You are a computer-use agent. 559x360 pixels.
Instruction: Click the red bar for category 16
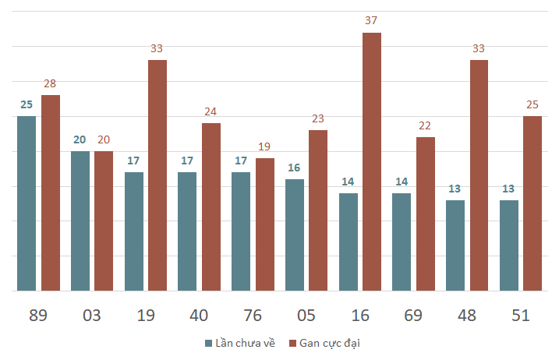tap(372, 162)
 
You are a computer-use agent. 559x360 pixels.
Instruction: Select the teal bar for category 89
tap(27, 203)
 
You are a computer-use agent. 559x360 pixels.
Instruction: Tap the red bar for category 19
tap(157, 175)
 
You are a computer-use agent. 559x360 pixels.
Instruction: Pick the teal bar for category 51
tap(509, 245)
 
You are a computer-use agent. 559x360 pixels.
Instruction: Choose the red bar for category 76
tap(265, 224)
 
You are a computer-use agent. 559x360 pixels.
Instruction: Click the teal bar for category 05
tap(295, 235)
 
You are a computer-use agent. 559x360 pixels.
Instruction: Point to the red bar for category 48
tap(479, 175)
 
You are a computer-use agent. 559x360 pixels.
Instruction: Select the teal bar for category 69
tap(402, 242)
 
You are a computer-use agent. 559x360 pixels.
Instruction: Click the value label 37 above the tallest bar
tap(372, 20)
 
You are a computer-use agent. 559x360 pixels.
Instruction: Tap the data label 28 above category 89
tap(51, 83)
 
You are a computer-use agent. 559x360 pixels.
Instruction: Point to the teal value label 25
tap(27, 104)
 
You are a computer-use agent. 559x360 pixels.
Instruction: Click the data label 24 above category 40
tap(211, 111)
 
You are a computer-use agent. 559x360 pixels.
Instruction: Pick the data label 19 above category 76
tap(265, 146)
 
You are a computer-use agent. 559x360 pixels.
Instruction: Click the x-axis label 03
tap(92, 316)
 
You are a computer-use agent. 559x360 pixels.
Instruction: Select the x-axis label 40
tap(199, 316)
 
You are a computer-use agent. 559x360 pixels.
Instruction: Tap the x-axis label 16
tap(360, 316)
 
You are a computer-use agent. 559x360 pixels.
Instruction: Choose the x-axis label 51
tap(521, 316)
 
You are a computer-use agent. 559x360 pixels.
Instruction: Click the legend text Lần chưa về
tap(245, 343)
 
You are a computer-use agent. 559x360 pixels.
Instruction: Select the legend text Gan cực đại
tap(330, 343)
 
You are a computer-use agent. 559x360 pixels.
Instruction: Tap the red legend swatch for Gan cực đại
tap(293, 343)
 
